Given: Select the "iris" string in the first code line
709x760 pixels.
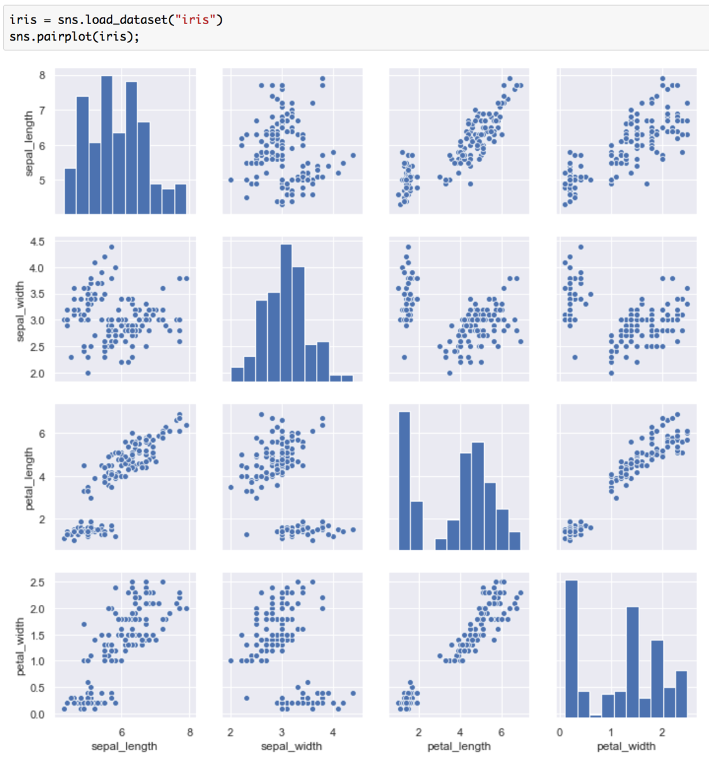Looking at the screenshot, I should pyautogui.click(x=195, y=20).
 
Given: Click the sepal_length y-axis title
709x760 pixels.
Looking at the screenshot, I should pyautogui.click(x=28, y=144).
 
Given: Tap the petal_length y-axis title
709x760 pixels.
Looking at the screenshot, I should pyautogui.click(x=28, y=479).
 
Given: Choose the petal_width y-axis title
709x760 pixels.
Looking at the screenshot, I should pyautogui.click(x=20, y=646).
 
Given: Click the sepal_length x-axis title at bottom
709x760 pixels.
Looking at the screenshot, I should pyautogui.click(x=124, y=746).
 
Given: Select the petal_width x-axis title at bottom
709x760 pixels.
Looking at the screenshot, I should pyautogui.click(x=626, y=746).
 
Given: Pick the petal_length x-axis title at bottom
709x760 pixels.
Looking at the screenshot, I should pyautogui.click(x=459, y=746).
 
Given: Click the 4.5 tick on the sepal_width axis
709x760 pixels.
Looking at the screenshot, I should pyautogui.click(x=37, y=242).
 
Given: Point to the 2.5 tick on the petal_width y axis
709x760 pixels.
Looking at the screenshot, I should pyautogui.click(x=37, y=582).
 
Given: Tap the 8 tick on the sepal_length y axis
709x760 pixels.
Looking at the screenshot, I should pyautogui.click(x=42, y=75).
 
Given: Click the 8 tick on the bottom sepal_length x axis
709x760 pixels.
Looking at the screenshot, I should pyautogui.click(x=190, y=733).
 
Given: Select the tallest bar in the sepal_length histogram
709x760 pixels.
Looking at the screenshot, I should pyautogui.click(x=106, y=145).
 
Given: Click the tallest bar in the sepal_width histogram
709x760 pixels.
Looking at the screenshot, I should pyautogui.click(x=285, y=313).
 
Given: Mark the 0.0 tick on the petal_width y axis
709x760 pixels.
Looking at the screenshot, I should pyautogui.click(x=37, y=714).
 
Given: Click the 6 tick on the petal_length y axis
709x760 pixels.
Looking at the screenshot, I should pyautogui.click(x=42, y=434).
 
